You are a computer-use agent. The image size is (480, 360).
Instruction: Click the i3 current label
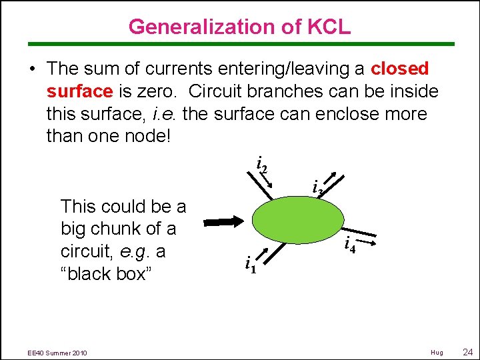click(317, 189)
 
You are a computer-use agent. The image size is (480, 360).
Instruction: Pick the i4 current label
click(349, 245)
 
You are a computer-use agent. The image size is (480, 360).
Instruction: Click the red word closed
click(400, 69)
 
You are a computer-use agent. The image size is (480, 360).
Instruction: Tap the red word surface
click(79, 91)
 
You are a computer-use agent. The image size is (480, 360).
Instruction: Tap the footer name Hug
click(437, 352)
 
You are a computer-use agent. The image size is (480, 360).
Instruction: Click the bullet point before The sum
click(32, 69)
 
